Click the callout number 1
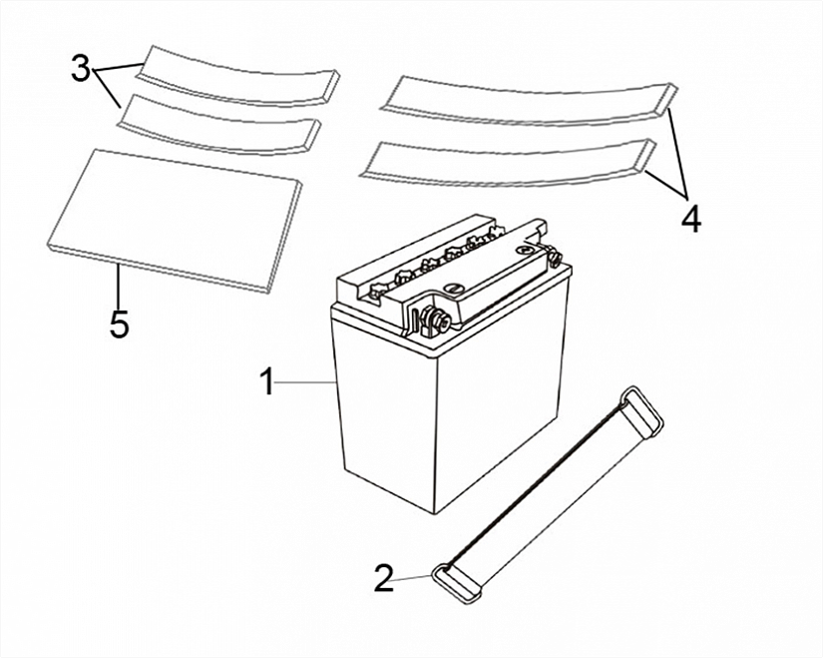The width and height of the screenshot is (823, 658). tap(267, 381)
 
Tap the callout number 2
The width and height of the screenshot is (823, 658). tap(384, 578)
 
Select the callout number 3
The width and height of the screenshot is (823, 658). tap(81, 68)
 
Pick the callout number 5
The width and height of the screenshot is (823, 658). tap(119, 324)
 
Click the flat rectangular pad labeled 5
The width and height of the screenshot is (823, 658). tap(175, 219)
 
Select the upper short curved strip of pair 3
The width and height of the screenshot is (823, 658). tap(237, 77)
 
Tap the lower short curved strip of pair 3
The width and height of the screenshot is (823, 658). tap(218, 126)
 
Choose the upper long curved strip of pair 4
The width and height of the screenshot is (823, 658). tap(528, 103)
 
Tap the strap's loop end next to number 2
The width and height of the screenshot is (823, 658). tap(455, 582)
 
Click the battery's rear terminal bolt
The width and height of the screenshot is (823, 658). tap(554, 257)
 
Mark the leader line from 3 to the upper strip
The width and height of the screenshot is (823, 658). tap(117, 66)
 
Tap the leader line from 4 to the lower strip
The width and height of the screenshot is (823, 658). tap(665, 183)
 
